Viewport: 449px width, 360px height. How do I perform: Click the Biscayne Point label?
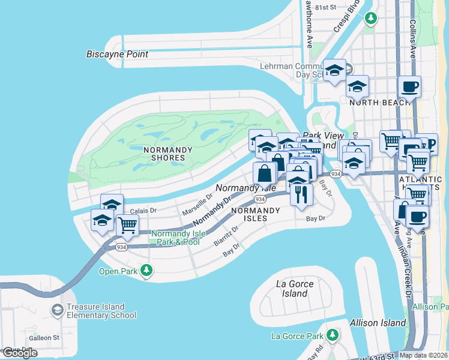(x=117, y=55)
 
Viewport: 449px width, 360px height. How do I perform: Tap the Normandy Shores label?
(x=168, y=154)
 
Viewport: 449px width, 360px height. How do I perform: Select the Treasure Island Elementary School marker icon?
(x=58, y=310)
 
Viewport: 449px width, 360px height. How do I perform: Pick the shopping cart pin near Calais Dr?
(x=127, y=225)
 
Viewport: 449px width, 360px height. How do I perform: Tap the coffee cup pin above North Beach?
(x=409, y=86)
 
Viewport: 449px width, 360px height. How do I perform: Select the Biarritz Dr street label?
(x=227, y=235)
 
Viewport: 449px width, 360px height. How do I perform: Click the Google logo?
(x=20, y=353)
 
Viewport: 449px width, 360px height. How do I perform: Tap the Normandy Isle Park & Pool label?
(x=176, y=238)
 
